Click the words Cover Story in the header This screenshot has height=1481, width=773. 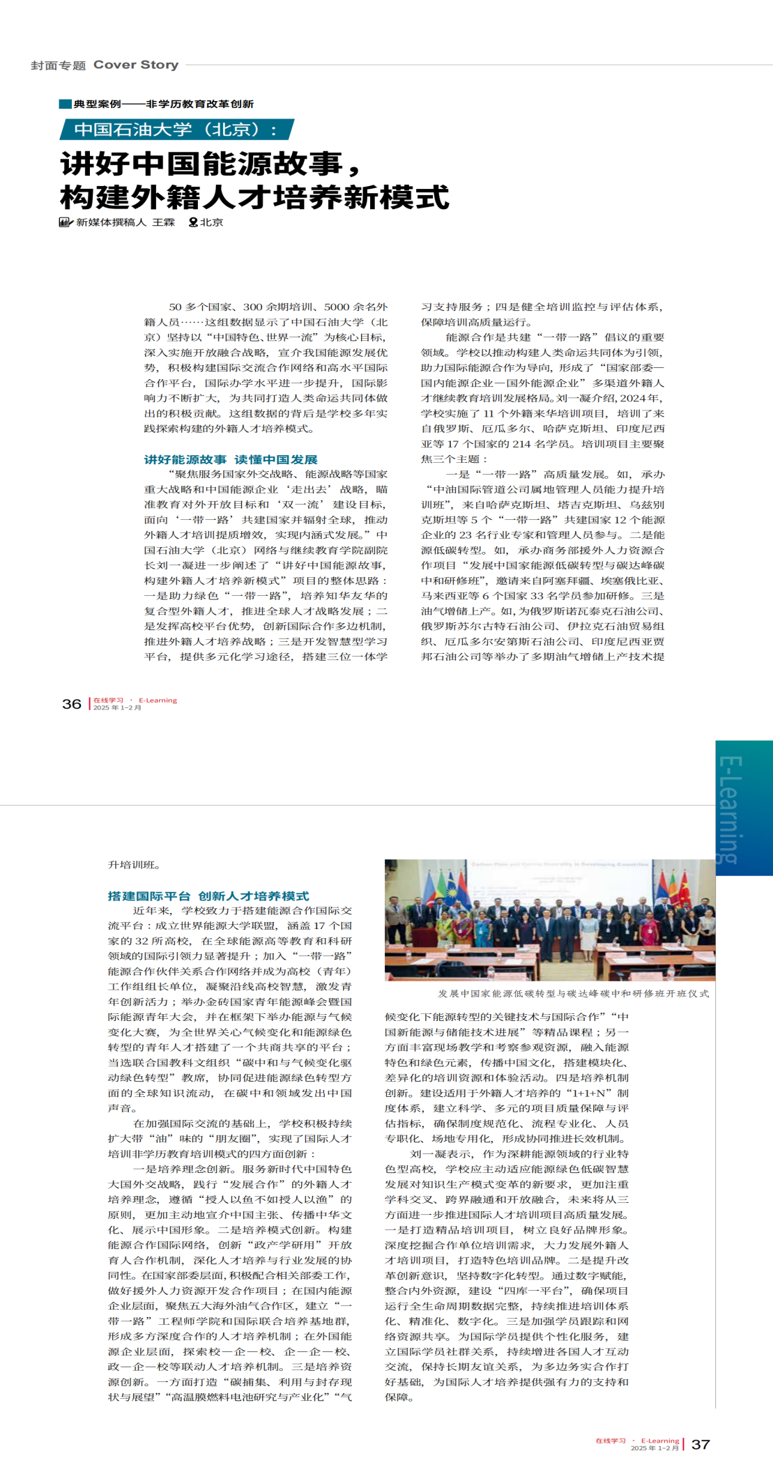coord(136,65)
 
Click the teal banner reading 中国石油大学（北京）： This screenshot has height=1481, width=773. coord(176,130)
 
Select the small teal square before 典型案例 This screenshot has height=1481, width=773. coord(65,104)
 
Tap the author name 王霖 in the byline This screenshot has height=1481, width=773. coord(164,222)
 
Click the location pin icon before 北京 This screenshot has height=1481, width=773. coord(193,222)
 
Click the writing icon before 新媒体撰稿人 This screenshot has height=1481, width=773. coord(66,222)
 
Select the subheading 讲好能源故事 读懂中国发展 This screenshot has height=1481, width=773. coord(231,459)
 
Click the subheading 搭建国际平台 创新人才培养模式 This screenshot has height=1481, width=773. coord(208,896)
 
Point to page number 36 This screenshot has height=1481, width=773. coord(72,704)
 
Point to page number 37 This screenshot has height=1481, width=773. coord(701,1444)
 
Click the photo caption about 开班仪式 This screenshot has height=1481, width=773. coord(573,993)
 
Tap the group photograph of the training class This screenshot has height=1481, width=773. coord(549,919)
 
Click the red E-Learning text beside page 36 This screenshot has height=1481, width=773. coord(158,700)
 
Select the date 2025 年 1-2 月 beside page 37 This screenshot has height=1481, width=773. coord(655,1448)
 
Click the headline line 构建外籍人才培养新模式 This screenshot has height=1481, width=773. coord(255,197)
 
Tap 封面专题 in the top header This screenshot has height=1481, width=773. coord(58,66)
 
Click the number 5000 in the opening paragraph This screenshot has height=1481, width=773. coord(338,307)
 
